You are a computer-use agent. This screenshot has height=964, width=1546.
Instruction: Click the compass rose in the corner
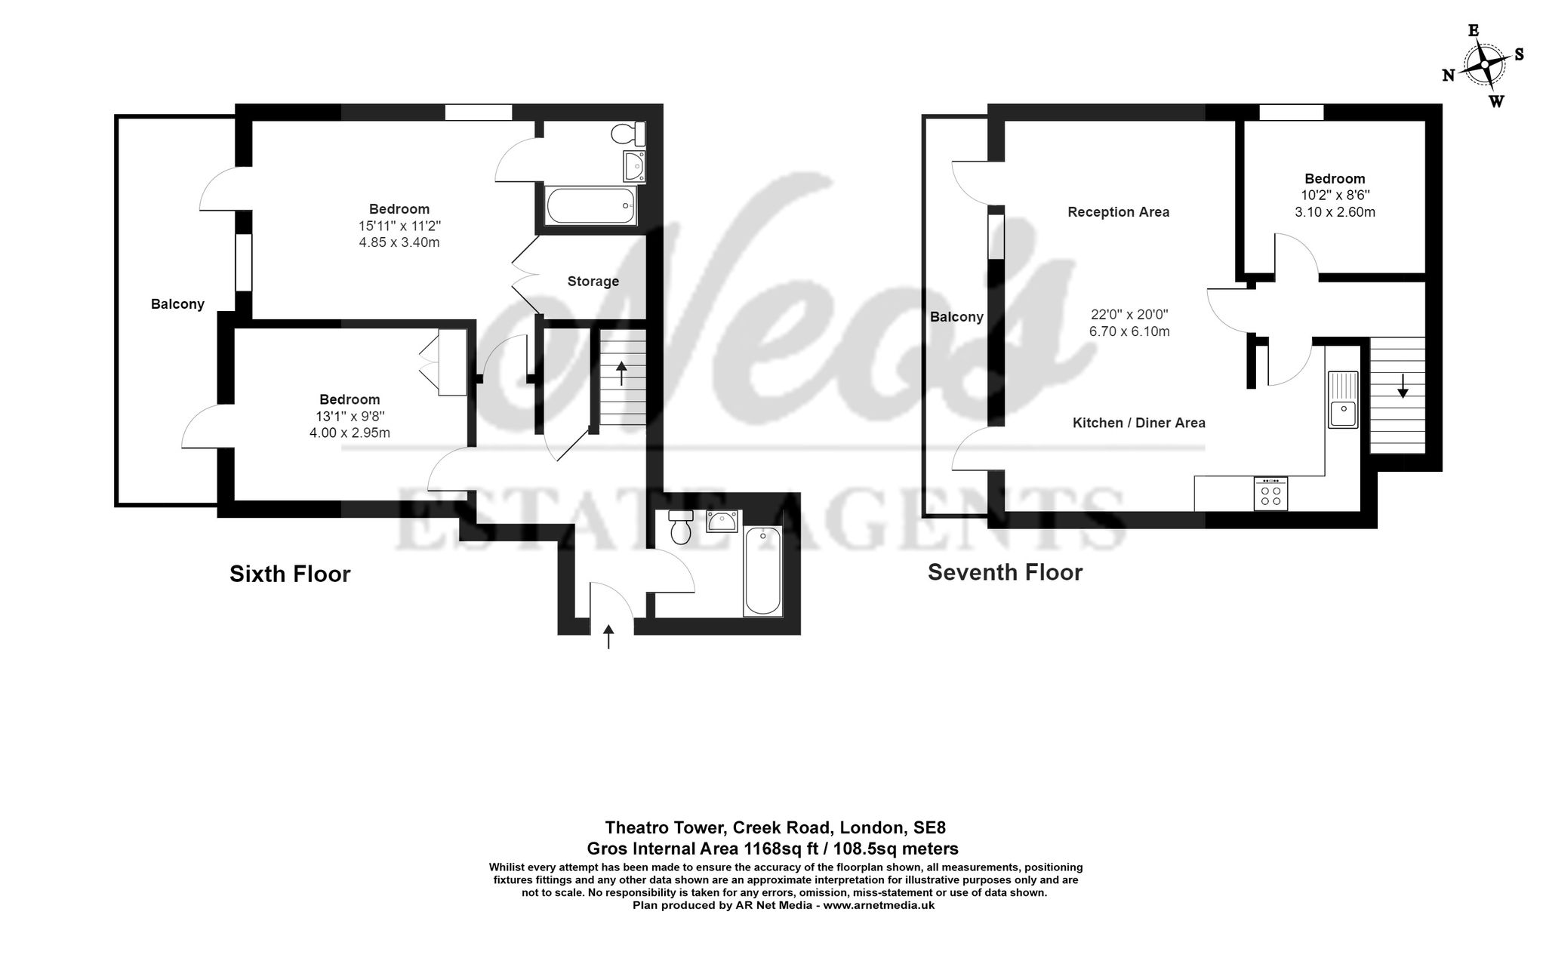click(x=1484, y=66)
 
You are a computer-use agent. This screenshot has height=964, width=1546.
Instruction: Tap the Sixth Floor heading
click(x=290, y=574)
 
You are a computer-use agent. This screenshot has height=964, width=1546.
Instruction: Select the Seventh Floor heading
click(x=1005, y=572)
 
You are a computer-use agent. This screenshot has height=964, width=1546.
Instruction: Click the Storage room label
click(x=593, y=282)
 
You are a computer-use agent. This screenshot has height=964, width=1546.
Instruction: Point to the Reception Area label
click(x=1118, y=212)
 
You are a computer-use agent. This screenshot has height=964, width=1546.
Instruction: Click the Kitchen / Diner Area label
click(x=1138, y=423)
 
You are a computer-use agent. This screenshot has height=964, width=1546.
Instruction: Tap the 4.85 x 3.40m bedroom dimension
click(x=399, y=242)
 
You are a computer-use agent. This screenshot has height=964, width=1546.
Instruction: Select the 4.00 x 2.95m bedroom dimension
click(x=350, y=433)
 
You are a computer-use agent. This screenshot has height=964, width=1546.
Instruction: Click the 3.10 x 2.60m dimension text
click(x=1335, y=212)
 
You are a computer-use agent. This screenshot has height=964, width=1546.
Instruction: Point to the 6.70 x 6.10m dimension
click(x=1129, y=331)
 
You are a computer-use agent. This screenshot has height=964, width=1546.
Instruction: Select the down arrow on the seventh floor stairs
click(x=1403, y=387)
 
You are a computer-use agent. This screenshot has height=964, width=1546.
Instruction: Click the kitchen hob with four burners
click(x=1270, y=494)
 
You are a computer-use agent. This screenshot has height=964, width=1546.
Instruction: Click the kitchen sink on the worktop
click(x=1342, y=400)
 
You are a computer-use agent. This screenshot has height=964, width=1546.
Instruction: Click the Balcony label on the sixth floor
click(x=177, y=304)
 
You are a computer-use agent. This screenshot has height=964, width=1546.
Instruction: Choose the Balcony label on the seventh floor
click(x=956, y=317)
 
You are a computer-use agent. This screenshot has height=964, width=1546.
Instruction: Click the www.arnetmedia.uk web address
click(x=879, y=904)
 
